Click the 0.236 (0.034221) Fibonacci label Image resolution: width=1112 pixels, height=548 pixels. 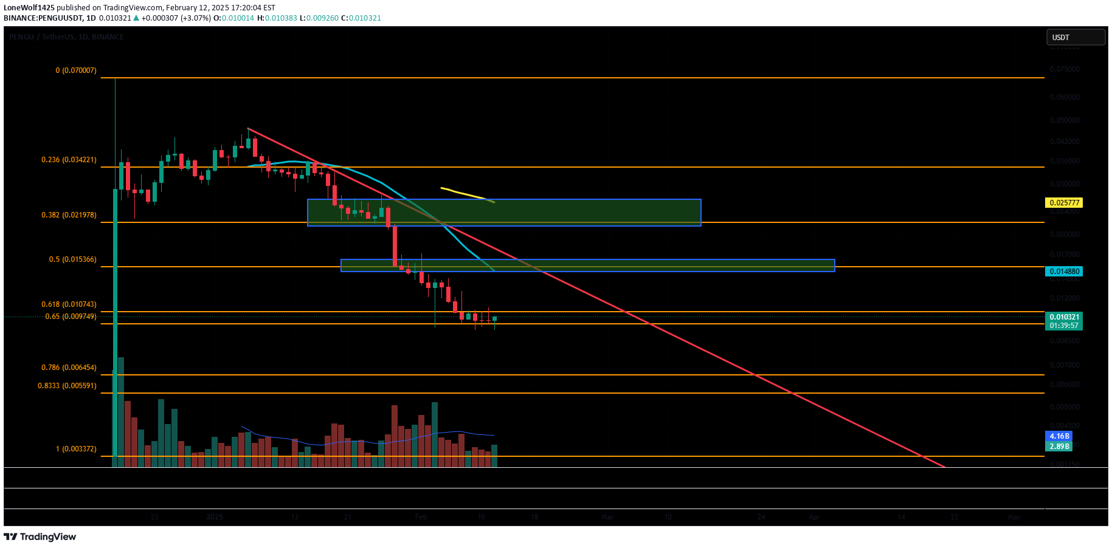point(69,160)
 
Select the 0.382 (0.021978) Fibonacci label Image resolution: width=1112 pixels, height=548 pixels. point(69,215)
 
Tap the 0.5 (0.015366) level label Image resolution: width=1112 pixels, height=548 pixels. point(72,259)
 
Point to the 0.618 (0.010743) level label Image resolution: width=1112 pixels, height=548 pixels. point(69,304)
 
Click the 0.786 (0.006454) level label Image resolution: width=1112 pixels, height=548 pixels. point(69,368)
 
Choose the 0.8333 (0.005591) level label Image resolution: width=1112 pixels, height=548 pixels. point(67,386)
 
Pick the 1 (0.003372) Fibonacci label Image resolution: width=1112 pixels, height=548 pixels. point(76,449)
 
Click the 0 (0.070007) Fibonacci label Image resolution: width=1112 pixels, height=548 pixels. point(76,70)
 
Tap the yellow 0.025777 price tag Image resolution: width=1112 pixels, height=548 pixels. point(1063,203)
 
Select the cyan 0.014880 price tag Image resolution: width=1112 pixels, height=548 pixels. point(1063,272)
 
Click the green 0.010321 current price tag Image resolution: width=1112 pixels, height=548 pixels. point(1063,317)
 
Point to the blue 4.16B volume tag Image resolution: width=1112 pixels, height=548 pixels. point(1058,436)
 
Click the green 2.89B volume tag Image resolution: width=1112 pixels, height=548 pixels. point(1058,447)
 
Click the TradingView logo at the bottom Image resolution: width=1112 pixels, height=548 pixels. point(40,537)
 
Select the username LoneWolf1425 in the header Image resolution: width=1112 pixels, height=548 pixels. point(29,8)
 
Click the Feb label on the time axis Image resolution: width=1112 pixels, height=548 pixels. point(421,517)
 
